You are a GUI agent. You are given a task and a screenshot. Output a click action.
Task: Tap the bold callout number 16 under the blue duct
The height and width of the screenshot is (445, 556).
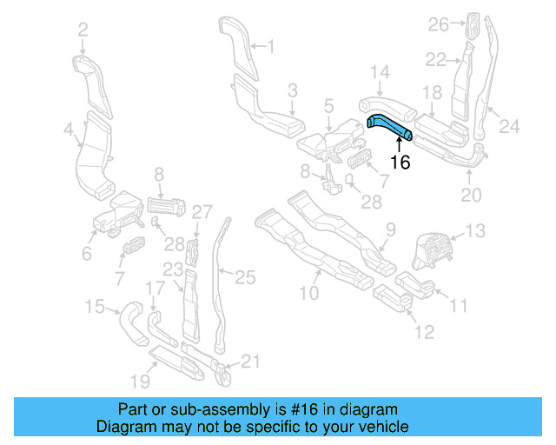pyautogui.click(x=400, y=161)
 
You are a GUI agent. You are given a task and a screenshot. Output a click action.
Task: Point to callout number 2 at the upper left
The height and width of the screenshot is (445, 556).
pyautogui.click(x=83, y=30)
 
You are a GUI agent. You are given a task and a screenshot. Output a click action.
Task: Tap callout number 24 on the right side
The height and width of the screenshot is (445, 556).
pyautogui.click(x=508, y=127)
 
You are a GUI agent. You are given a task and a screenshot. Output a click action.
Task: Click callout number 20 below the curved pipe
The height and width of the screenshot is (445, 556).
pyautogui.click(x=470, y=196)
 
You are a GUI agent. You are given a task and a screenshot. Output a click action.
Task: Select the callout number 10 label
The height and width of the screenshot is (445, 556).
pyautogui.click(x=309, y=293)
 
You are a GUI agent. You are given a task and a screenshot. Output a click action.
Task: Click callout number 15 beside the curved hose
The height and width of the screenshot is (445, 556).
pyautogui.click(x=95, y=305)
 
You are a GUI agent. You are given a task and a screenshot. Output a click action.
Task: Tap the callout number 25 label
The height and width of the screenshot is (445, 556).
pyautogui.click(x=246, y=277)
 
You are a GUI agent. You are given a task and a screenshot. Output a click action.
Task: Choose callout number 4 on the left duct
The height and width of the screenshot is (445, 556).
pyautogui.click(x=69, y=131)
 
